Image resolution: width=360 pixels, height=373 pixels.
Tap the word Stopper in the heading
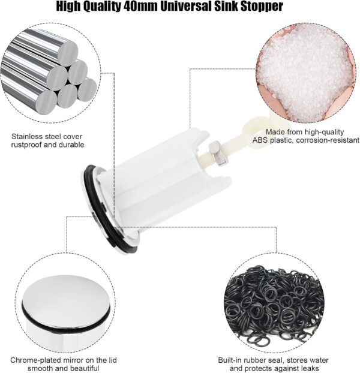click(262, 7)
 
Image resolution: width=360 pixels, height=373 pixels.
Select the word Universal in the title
click(186, 7)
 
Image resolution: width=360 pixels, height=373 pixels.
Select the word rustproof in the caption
click(26, 145)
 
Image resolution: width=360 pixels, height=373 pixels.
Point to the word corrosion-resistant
click(328, 140)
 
